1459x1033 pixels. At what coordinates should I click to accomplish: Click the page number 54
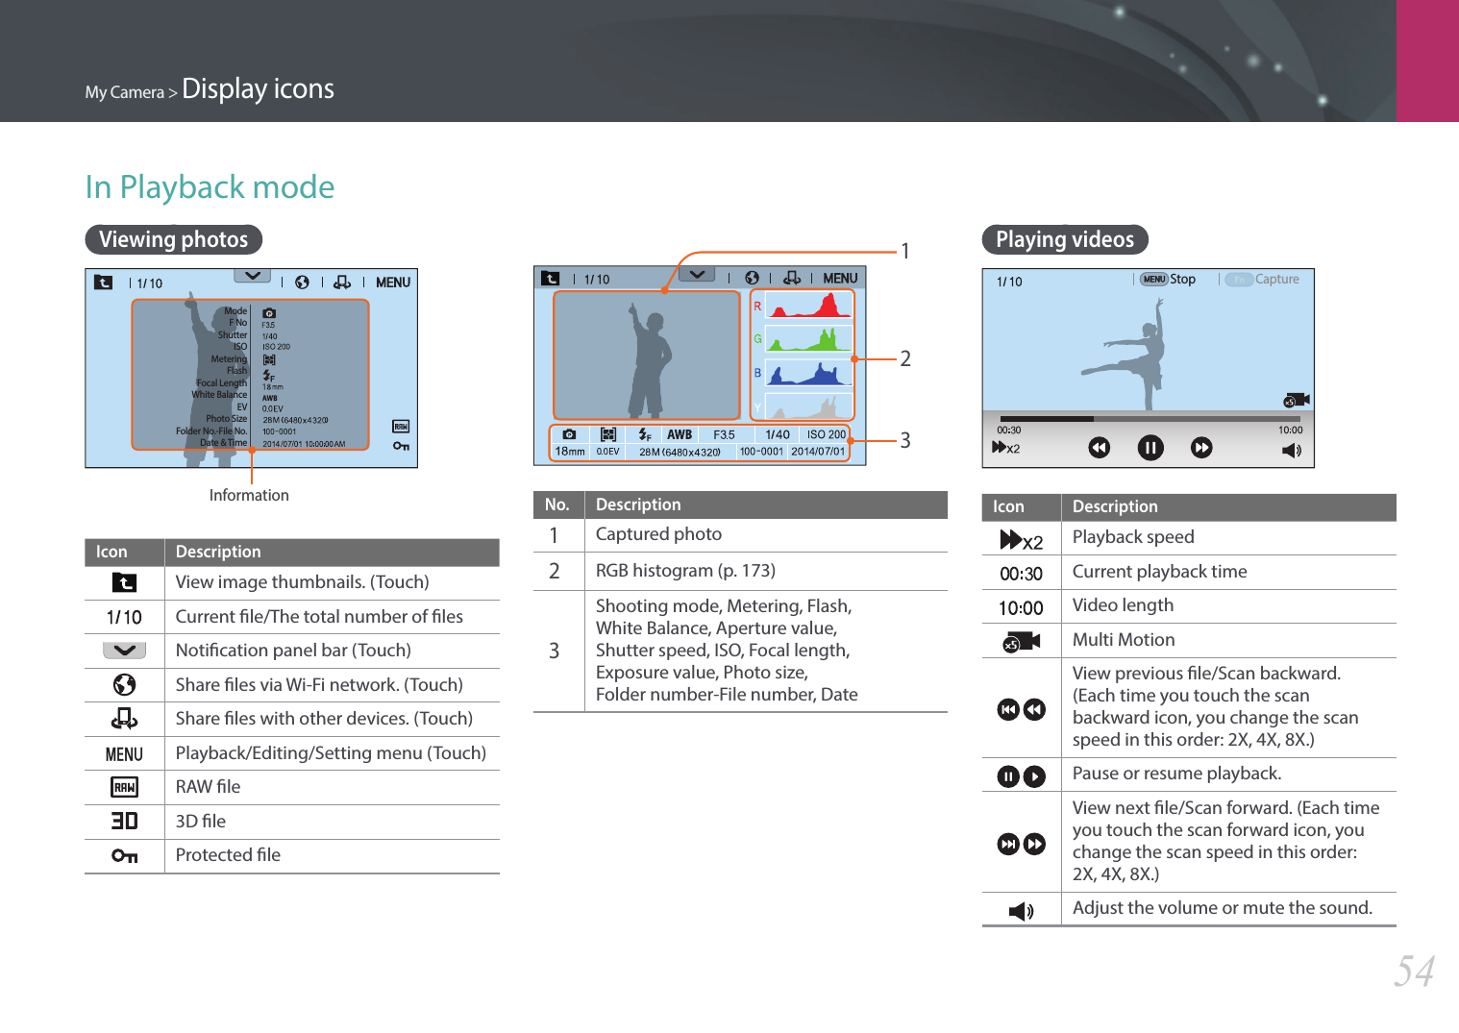[x=1415, y=971]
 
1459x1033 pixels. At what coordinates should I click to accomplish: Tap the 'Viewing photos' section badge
[x=174, y=239]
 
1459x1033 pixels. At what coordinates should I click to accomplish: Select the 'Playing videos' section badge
[x=1065, y=239]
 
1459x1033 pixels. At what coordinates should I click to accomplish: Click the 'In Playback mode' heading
[x=210, y=186]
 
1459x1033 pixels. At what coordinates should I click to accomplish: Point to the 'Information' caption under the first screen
[x=249, y=495]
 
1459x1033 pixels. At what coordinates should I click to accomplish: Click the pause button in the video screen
[x=1150, y=448]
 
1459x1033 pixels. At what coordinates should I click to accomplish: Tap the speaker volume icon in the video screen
[x=1292, y=450]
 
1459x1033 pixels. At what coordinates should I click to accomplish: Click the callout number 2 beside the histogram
[x=905, y=358]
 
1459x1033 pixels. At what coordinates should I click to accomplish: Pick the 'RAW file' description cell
[x=209, y=787]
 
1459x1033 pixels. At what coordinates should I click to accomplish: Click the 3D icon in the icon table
[x=124, y=821]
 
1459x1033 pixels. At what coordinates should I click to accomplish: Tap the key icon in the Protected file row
[x=124, y=855]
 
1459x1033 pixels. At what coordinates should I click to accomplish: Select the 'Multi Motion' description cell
[x=1124, y=640]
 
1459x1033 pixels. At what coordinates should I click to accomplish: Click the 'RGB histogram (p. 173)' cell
[x=685, y=571]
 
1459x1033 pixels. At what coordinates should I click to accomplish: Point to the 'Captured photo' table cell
[x=658, y=534]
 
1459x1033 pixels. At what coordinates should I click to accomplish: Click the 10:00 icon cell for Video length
[x=1021, y=607]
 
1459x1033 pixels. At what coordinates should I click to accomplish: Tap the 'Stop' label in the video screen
[x=1183, y=280]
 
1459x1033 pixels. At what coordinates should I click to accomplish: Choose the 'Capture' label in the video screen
[x=1276, y=280]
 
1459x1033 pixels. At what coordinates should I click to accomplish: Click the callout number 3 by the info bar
[x=905, y=440]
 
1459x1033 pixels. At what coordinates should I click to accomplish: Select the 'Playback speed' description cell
[x=1133, y=537]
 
